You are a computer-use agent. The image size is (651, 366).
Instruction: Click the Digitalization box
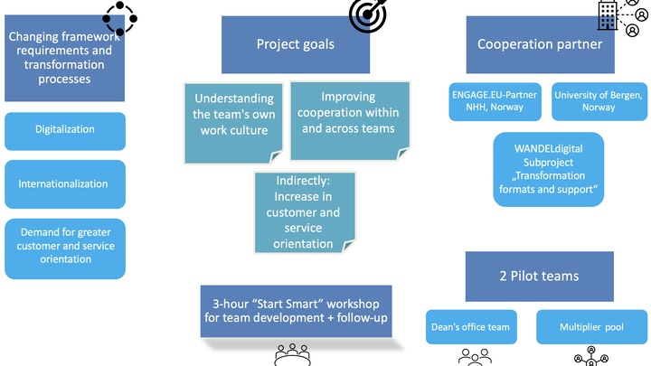tap(65, 131)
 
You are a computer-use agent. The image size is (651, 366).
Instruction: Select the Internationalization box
tap(65, 184)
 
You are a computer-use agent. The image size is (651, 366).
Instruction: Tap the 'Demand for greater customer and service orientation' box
tap(65, 249)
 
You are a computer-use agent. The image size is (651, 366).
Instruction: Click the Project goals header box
tap(296, 45)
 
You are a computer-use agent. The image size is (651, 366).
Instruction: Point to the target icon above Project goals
tap(368, 15)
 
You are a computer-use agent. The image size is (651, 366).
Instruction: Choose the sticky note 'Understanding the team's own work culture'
tap(234, 123)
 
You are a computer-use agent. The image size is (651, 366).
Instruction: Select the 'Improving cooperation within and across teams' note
tap(350, 121)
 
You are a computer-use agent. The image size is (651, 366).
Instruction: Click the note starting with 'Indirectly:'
tap(305, 212)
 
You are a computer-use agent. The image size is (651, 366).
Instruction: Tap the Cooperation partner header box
tap(540, 45)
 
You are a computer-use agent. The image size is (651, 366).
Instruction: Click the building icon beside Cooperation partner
tap(608, 15)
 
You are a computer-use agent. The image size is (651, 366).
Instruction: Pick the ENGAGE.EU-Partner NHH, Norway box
tap(495, 101)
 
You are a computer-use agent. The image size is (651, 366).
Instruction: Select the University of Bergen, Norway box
tap(599, 101)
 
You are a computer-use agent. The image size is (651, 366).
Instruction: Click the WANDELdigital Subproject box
tap(549, 169)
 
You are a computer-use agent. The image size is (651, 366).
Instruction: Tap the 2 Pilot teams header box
tap(539, 277)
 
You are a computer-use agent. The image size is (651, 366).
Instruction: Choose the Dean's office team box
tap(471, 327)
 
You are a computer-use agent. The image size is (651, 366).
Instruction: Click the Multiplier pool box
tap(591, 327)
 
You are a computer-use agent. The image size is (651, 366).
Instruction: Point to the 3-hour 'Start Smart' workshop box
tap(296, 311)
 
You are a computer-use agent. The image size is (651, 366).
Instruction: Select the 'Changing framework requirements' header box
tap(65, 59)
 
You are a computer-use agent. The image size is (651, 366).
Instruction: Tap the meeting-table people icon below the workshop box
tap(292, 355)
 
